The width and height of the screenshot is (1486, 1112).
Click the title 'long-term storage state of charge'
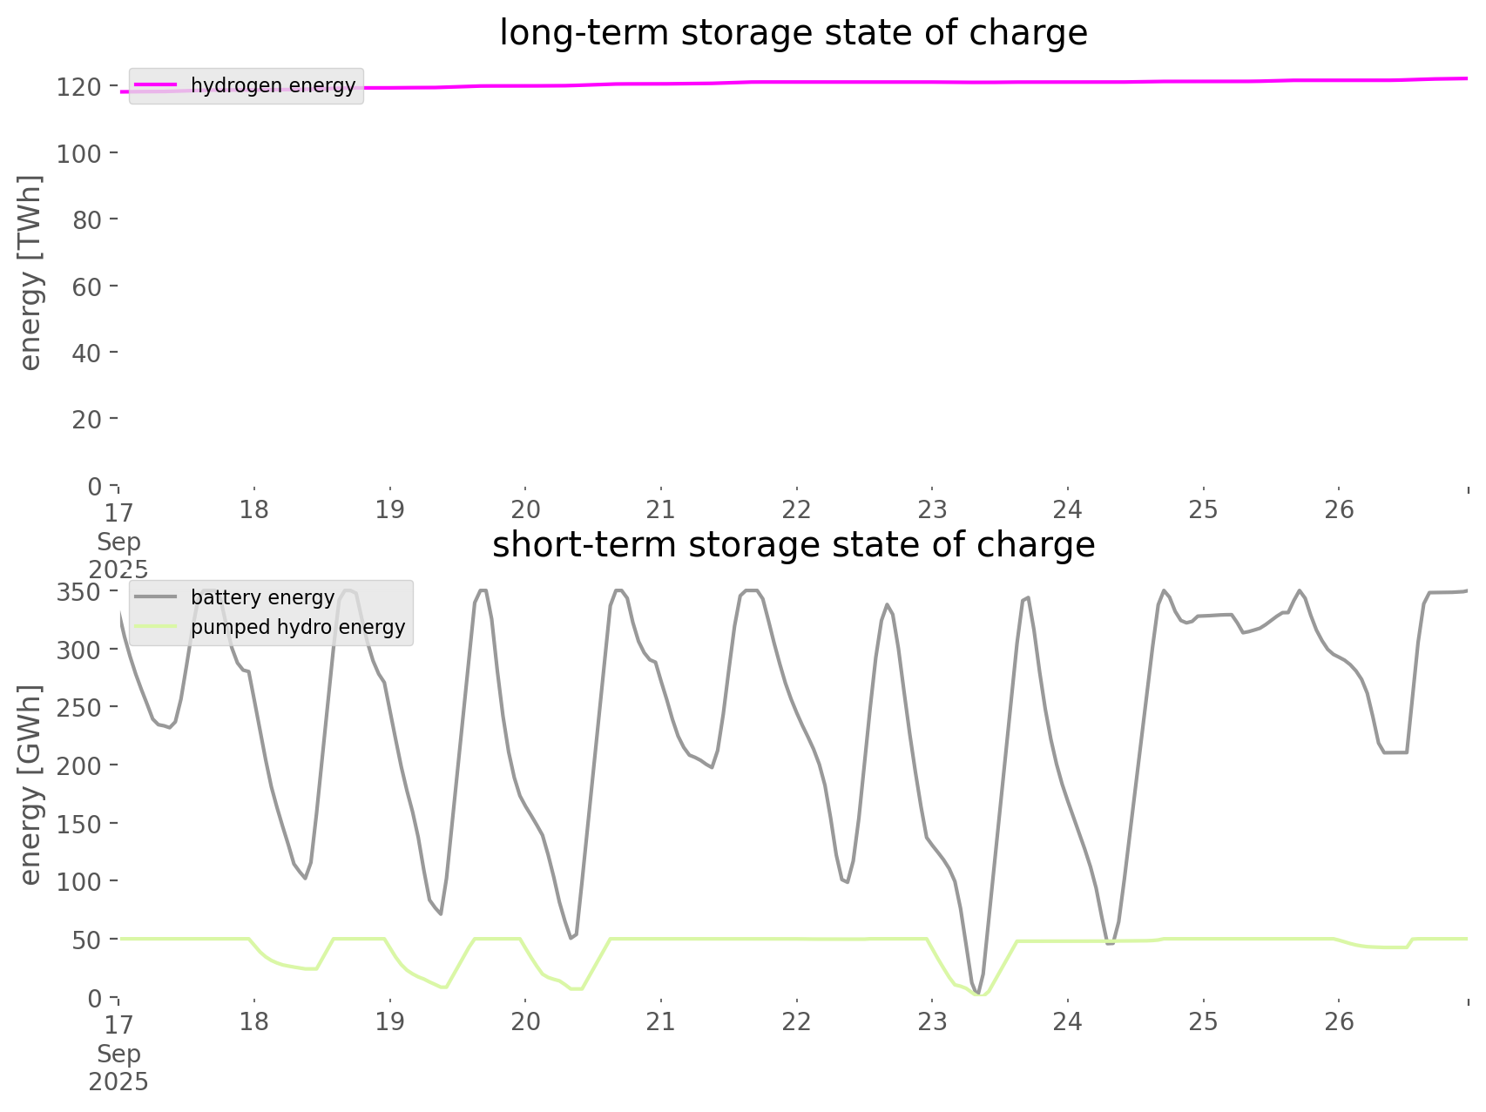[x=793, y=33]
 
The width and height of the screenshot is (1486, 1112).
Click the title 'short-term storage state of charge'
[x=793, y=545]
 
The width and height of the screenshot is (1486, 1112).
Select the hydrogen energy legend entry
[x=273, y=85]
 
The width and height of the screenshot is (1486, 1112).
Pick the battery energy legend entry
[x=262, y=597]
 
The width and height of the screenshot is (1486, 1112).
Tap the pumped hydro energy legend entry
[x=298, y=627]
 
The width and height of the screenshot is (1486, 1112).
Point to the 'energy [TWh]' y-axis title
[x=30, y=273]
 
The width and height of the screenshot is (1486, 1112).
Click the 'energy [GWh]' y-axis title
[x=30, y=785]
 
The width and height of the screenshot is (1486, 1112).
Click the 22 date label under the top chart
[x=797, y=509]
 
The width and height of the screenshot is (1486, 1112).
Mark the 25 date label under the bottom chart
[x=1204, y=1021]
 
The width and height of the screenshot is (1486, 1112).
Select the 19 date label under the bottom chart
[x=390, y=1021]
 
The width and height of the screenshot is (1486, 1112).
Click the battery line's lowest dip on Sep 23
[x=978, y=993]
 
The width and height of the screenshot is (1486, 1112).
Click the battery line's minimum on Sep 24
[x=1110, y=943]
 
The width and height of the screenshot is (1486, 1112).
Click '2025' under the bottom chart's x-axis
[x=118, y=1082]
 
